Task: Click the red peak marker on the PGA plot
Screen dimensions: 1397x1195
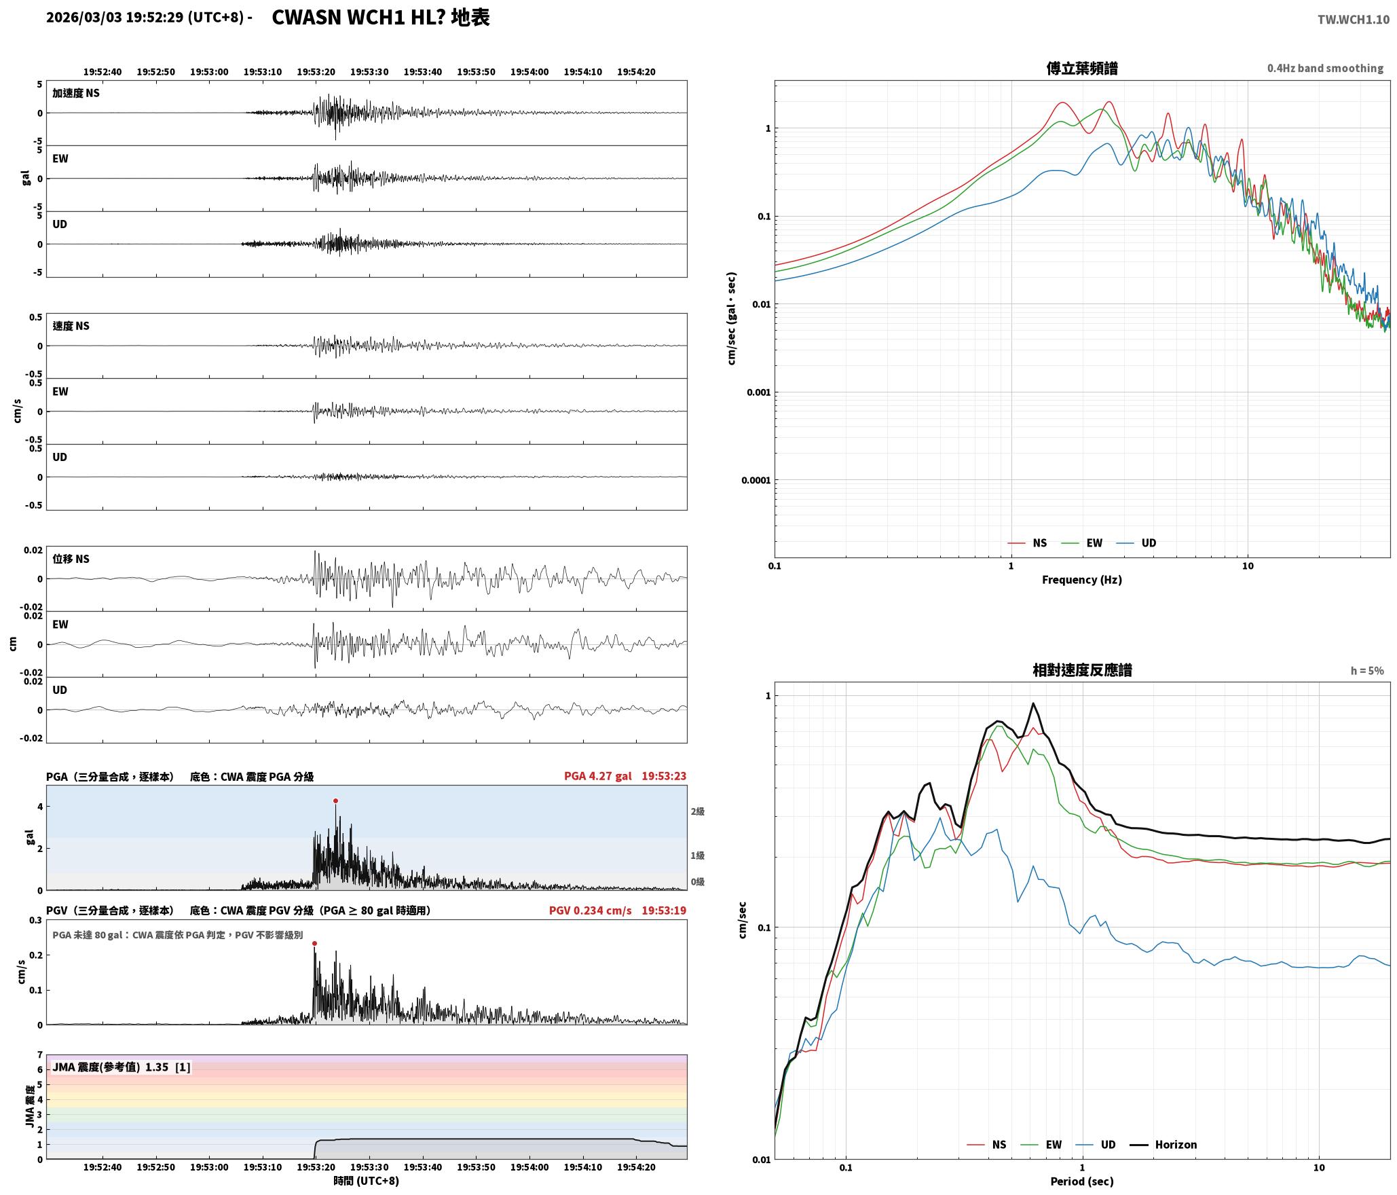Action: click(335, 801)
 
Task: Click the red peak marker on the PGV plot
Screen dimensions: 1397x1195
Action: click(314, 943)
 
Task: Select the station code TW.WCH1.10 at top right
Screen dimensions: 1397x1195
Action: click(1354, 20)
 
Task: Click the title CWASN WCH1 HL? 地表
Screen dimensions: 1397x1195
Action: click(380, 18)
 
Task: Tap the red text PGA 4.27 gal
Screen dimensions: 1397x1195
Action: click(597, 776)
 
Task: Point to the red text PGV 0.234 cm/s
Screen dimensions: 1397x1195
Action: click(590, 910)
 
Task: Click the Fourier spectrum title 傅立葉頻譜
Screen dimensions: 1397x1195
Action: click(1082, 68)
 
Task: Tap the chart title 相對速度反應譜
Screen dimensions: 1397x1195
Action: click(1082, 669)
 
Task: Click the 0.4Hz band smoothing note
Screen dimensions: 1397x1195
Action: click(1325, 68)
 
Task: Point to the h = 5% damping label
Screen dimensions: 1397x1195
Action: click(1366, 670)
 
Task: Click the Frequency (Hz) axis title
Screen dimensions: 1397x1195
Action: click(1082, 579)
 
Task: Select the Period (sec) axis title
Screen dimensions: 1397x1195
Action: click(1082, 1181)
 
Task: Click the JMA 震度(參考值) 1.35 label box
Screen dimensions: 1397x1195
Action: click(122, 1067)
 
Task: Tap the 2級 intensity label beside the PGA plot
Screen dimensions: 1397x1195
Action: click(698, 811)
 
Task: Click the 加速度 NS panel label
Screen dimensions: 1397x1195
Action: click(76, 93)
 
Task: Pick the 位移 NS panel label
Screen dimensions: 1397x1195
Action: click(71, 559)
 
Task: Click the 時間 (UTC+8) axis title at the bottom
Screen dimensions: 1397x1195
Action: click(367, 1181)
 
